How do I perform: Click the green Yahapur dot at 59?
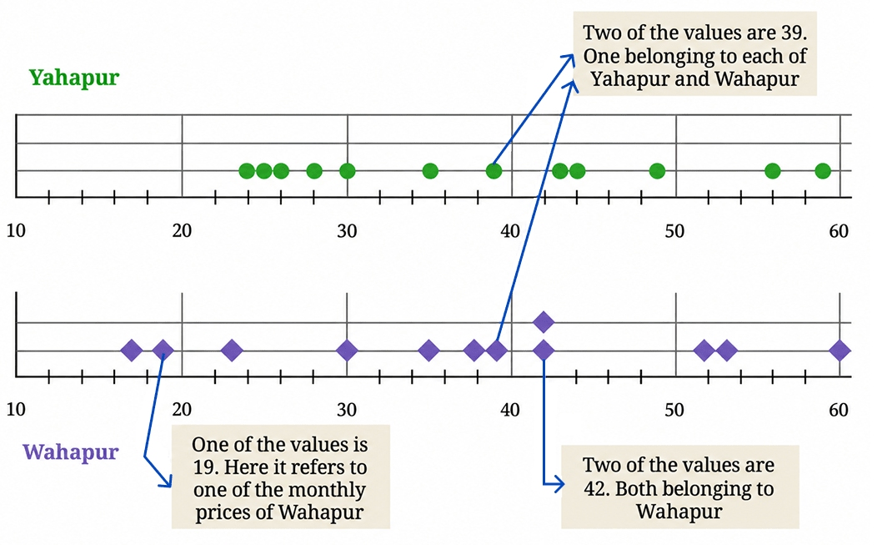click(x=822, y=170)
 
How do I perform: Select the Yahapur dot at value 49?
click(x=657, y=170)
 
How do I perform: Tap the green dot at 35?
click(x=430, y=170)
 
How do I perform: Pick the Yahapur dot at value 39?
click(x=494, y=170)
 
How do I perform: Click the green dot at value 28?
click(x=314, y=170)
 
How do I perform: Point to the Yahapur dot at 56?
click(x=773, y=170)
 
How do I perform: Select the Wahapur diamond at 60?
click(x=839, y=351)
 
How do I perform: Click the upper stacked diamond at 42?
click(x=544, y=322)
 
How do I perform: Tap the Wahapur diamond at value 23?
click(x=232, y=351)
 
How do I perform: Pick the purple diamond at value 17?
click(x=132, y=351)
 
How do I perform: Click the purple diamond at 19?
click(x=163, y=351)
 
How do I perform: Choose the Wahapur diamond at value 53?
click(x=727, y=351)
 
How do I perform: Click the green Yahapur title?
click(x=74, y=77)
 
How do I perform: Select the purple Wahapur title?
click(x=71, y=452)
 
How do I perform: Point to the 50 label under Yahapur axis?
click(x=674, y=231)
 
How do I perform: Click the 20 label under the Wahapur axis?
click(x=182, y=409)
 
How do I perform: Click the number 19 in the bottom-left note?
click(x=203, y=467)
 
